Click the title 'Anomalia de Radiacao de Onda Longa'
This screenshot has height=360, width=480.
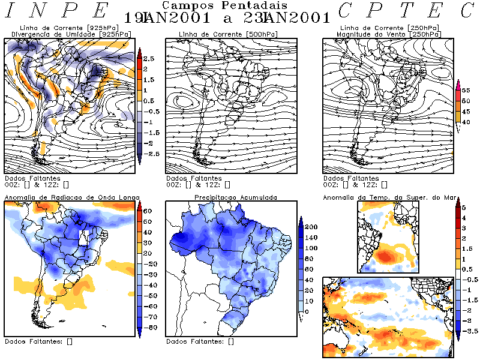[x=73, y=197]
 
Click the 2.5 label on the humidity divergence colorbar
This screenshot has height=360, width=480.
[x=149, y=59]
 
